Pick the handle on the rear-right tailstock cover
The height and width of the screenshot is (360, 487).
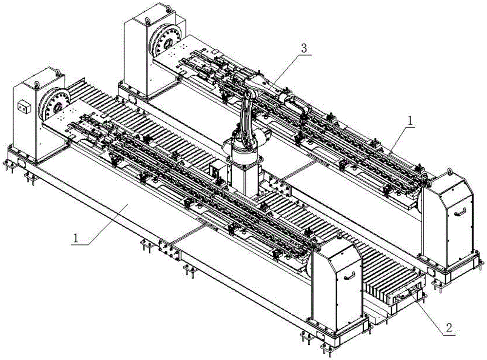460,211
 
